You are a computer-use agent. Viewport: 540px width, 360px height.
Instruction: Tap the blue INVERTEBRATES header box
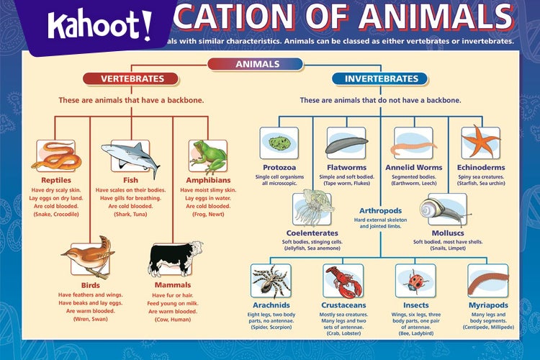[381, 78]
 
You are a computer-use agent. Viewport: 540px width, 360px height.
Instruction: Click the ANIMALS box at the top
[257, 64]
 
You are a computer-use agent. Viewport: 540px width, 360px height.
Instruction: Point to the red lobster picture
[343, 281]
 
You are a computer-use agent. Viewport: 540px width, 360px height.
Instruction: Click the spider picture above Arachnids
[271, 281]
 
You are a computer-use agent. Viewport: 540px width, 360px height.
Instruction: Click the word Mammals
[173, 284]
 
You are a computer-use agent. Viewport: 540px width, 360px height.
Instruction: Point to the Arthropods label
[380, 211]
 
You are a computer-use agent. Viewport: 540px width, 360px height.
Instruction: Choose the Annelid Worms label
[413, 168]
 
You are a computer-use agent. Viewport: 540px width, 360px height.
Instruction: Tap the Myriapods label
[488, 305]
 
